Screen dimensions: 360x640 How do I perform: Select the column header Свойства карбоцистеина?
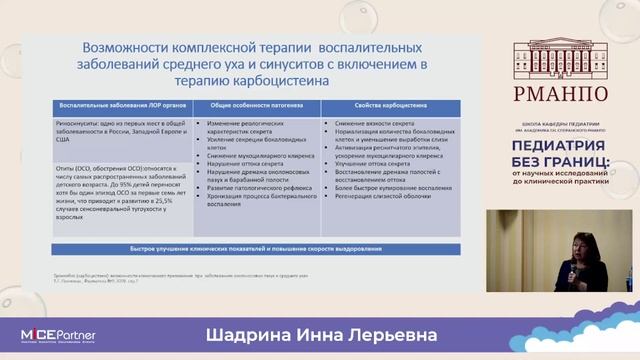tap(387, 105)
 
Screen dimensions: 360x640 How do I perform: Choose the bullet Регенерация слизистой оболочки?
tap(382, 197)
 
